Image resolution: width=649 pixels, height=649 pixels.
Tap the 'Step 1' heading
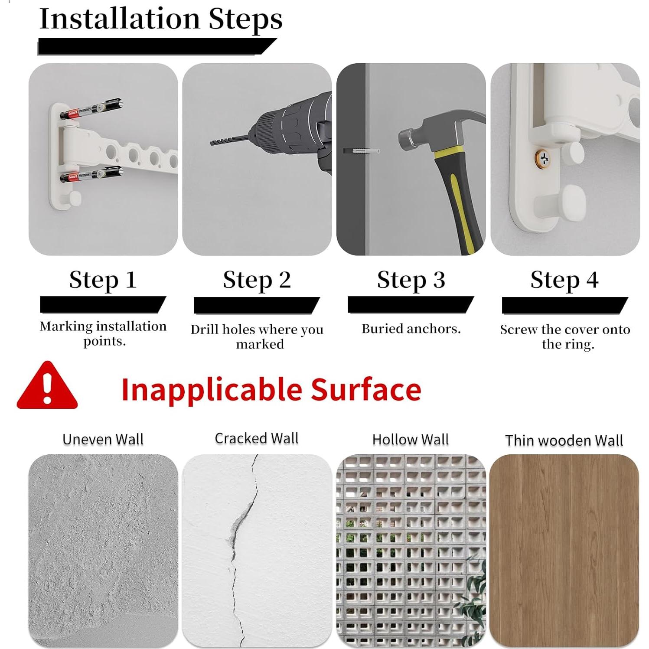point(103,280)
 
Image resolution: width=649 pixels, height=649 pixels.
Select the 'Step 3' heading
point(411,280)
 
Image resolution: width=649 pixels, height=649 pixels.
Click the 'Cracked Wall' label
point(257,438)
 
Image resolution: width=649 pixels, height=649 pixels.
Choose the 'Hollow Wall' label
point(410,440)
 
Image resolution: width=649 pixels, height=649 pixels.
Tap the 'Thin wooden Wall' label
point(564,440)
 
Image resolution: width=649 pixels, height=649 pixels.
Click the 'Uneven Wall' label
point(103,439)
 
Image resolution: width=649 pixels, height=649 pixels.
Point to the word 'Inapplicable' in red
point(211,389)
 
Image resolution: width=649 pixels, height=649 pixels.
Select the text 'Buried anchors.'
point(411,329)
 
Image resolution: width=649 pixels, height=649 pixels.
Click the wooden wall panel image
point(564,551)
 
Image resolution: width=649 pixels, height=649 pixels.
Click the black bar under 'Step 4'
point(564,305)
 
